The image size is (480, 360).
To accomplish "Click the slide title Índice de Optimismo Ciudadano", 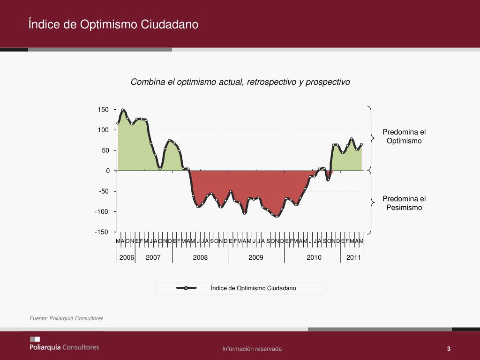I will (113, 24).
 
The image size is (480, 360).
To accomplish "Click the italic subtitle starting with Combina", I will (240, 82).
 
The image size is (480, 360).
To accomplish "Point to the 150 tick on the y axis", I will (103, 110).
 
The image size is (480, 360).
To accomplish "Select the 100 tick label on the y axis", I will (103, 130).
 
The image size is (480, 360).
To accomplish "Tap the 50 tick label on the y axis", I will (105, 150).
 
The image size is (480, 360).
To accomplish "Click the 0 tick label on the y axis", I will (107, 171).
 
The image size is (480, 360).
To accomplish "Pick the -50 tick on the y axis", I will (103, 191).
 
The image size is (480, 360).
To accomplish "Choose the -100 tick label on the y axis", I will (102, 211).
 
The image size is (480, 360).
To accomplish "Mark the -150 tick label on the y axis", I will (102, 232).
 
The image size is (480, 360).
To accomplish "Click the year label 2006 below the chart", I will (127, 257).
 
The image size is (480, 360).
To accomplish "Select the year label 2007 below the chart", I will (153, 257).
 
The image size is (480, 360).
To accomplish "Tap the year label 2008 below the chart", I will (200, 257).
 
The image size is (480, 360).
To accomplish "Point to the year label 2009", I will (256, 257).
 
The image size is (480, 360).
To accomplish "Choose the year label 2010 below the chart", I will (314, 257).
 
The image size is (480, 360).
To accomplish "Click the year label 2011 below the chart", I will (353, 257).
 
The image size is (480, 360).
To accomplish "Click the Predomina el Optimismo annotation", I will (404, 136).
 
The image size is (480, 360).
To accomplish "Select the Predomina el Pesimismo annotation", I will (404, 203).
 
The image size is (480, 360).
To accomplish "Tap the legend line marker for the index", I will (186, 288).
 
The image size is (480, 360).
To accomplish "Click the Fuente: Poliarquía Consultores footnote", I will (67, 319).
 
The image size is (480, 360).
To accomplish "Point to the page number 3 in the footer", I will (449, 349).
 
